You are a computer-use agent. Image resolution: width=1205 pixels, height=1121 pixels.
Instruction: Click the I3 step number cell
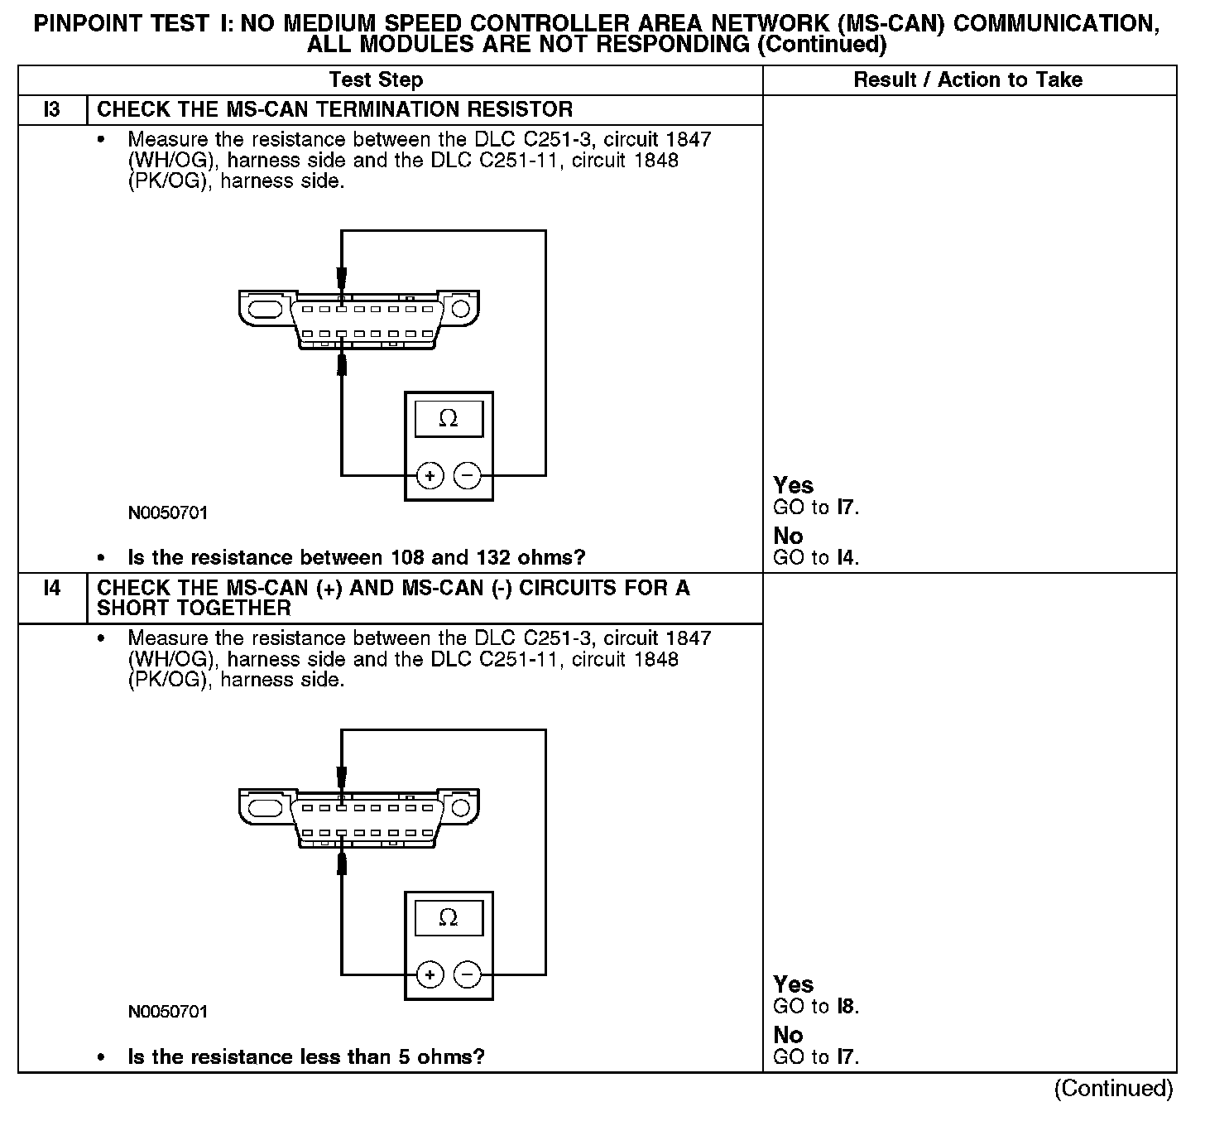52,110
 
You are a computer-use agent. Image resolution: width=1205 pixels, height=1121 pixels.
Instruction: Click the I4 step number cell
52,589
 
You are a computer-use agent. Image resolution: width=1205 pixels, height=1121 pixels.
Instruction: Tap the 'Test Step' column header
376,80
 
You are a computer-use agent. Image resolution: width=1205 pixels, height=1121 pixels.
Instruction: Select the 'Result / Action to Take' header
967,80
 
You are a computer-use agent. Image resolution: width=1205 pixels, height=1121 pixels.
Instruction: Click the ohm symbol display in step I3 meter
448,419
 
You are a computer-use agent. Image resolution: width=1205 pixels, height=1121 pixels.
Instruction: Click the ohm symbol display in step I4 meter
448,918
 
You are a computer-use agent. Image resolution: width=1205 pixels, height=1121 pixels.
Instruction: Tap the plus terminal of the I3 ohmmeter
430,475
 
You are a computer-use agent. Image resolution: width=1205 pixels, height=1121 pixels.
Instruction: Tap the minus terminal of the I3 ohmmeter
468,475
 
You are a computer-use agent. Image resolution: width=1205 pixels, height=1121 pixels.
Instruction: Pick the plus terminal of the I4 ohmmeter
430,974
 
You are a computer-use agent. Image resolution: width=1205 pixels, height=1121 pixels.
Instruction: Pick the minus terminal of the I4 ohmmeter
468,974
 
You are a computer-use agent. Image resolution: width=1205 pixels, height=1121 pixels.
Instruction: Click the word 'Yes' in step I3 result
793,486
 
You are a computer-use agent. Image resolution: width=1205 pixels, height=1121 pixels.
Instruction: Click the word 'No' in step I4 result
788,1035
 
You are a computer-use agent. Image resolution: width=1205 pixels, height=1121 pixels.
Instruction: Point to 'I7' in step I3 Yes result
846,508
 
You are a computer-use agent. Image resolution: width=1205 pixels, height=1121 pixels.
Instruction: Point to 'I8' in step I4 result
846,1007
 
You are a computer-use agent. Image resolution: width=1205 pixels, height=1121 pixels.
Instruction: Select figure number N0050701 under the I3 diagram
168,513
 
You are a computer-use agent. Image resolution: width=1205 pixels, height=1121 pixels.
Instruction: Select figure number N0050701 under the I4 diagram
168,1013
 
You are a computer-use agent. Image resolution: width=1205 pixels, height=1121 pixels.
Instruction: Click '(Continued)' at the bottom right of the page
1113,1089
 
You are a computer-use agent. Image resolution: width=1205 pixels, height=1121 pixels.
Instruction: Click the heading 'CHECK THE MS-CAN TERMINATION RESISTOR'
334,110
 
